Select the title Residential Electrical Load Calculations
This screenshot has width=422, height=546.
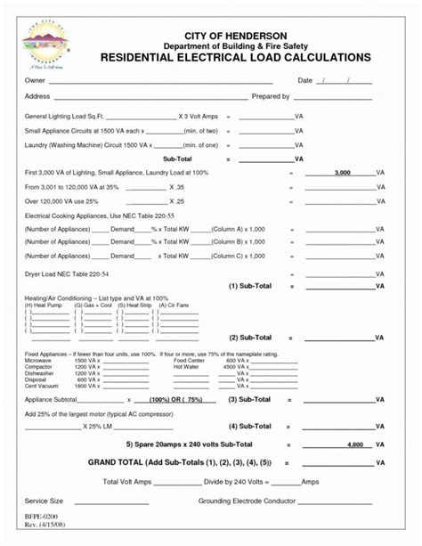235,57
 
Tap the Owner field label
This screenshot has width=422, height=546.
34,81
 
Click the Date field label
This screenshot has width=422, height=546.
304,81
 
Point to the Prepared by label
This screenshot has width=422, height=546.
272,96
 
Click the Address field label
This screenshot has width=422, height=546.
37,96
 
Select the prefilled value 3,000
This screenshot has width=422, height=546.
342,173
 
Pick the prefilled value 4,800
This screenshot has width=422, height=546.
354,444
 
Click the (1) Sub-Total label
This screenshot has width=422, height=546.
250,286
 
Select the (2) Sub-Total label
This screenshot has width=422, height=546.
250,338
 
